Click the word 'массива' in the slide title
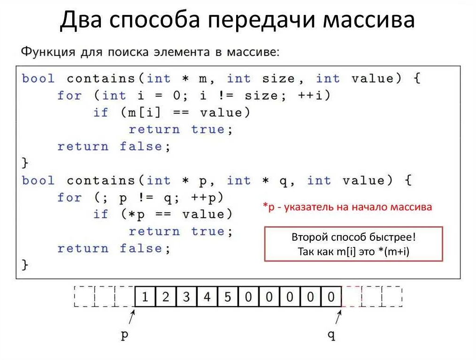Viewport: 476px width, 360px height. [369, 20]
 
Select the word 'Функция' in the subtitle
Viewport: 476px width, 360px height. [48, 52]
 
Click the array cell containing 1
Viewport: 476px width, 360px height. [145, 297]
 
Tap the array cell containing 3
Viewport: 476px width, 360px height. [186, 297]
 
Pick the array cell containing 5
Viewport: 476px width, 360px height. [228, 297]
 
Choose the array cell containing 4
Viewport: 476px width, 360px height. [207, 297]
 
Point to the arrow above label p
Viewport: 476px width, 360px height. [132, 317]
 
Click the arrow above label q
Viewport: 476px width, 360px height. [338, 317]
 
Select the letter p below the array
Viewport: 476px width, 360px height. [124, 336]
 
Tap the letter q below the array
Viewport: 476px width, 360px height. [331, 336]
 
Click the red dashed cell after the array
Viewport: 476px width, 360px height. [352, 297]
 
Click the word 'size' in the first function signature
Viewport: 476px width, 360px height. [279, 78]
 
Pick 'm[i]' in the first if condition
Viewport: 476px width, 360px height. [144, 113]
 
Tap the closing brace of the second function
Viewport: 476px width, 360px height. [25, 265]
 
